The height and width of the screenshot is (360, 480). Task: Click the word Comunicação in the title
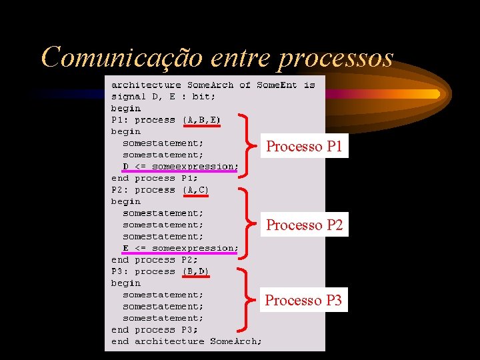(x=122, y=58)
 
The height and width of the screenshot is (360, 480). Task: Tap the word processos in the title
(x=335, y=58)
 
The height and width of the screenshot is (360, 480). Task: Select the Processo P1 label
(x=304, y=147)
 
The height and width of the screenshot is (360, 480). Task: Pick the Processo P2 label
(x=304, y=225)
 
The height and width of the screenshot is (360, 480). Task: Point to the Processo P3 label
(x=303, y=301)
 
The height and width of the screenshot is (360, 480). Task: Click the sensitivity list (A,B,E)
(x=201, y=120)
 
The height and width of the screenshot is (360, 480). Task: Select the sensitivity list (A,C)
(x=195, y=190)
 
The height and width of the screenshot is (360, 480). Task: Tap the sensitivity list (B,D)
(x=195, y=271)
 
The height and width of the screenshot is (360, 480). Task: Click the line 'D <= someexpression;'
(x=180, y=167)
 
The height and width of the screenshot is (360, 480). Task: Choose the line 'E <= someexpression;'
(x=180, y=248)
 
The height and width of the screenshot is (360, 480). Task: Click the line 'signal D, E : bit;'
(x=163, y=97)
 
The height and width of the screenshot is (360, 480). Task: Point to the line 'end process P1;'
(x=155, y=178)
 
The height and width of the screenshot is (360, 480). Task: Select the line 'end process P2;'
(x=155, y=260)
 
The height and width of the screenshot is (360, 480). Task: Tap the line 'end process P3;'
(x=155, y=329)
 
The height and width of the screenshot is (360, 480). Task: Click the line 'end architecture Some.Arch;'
(x=187, y=341)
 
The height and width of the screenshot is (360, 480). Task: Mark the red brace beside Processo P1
(x=247, y=145)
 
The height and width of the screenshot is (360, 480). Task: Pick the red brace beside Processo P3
(x=247, y=300)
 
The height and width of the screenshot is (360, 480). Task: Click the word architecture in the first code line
(x=146, y=85)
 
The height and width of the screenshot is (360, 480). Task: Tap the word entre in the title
(x=240, y=58)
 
